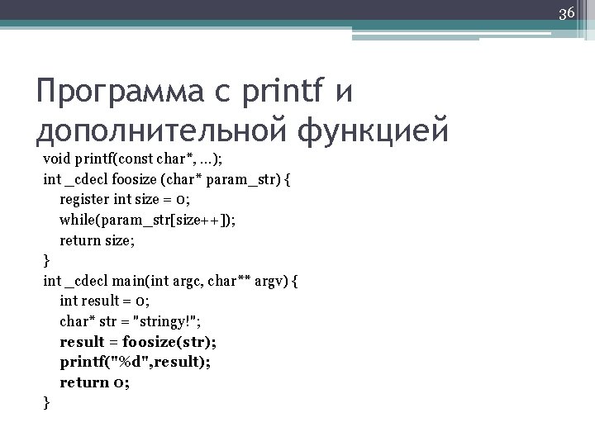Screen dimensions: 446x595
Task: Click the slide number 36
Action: click(x=567, y=13)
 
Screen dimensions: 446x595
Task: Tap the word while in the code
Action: click(x=76, y=221)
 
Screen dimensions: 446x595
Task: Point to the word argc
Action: click(x=198, y=281)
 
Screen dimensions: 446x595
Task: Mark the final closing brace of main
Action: click(x=46, y=402)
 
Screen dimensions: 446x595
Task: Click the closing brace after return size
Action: click(x=46, y=261)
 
